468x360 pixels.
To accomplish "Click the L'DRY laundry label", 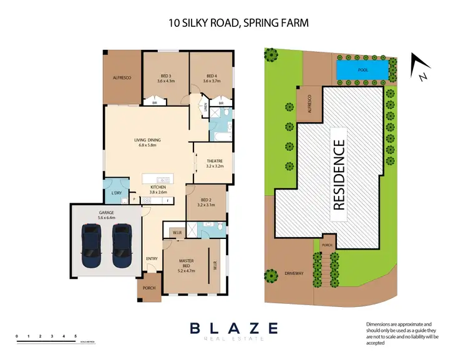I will (x=116, y=193).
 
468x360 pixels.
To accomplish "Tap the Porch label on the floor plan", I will (x=149, y=288).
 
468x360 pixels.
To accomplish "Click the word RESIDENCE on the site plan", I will (x=339, y=174).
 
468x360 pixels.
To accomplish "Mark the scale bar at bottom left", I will (x=47, y=339).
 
